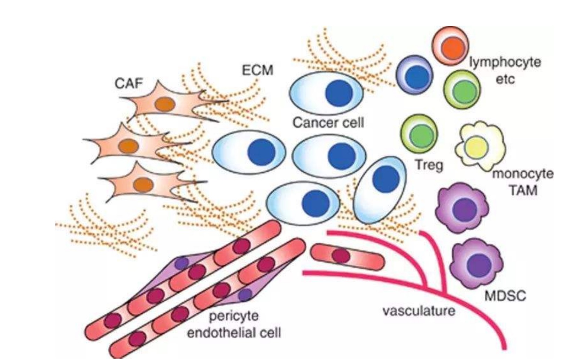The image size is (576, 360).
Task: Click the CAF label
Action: [x=129, y=83]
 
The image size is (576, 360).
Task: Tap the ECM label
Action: [x=257, y=70]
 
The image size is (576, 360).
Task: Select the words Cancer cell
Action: [x=328, y=123]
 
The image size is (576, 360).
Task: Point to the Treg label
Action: [x=429, y=164]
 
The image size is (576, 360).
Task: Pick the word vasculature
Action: [x=419, y=310]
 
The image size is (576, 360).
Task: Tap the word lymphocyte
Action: [x=505, y=62]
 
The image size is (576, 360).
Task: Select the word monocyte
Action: [x=522, y=173]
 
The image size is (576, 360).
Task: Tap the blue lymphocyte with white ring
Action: [x=414, y=76]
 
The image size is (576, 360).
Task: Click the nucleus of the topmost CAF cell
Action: [x=165, y=104]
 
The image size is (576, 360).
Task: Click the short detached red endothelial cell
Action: [x=347, y=257]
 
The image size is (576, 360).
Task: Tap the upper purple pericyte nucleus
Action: [x=181, y=263]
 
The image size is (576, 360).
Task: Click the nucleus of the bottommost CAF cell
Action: [x=143, y=185]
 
